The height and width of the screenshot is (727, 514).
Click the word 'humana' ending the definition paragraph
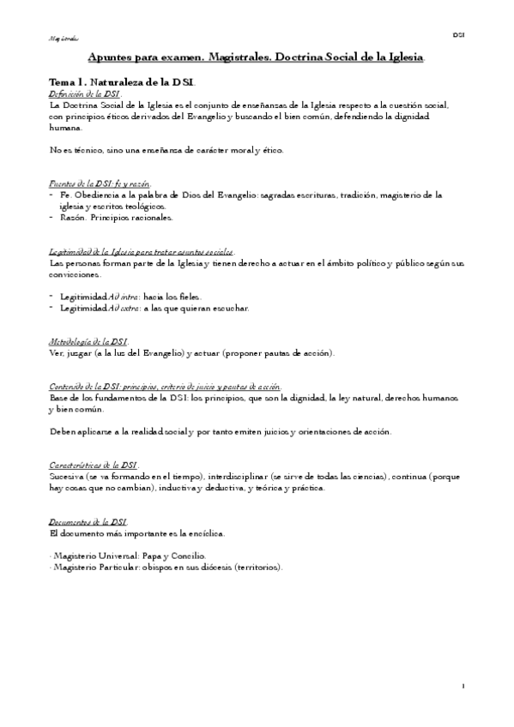click(x=67, y=128)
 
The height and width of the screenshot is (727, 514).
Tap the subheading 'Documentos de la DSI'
click(x=88, y=521)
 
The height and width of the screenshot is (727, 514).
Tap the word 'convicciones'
click(x=76, y=274)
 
